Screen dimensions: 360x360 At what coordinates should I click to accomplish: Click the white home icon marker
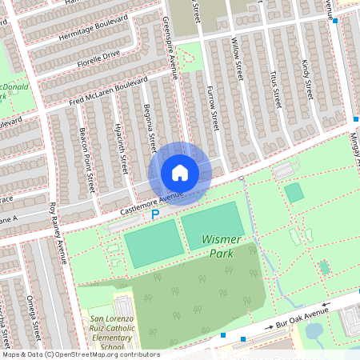(x=180, y=172)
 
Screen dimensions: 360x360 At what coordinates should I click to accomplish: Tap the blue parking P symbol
(x=156, y=214)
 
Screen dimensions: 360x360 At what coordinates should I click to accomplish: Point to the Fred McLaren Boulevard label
(x=109, y=90)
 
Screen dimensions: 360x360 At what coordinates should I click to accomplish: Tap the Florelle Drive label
(x=98, y=58)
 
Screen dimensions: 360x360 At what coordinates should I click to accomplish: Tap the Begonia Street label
(x=149, y=126)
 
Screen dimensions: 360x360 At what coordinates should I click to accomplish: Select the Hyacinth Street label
(x=122, y=153)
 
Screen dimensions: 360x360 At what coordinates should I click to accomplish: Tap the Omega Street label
(x=34, y=315)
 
